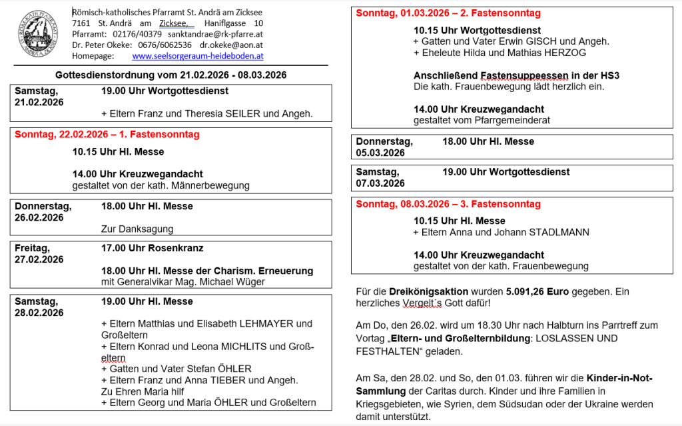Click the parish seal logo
38,34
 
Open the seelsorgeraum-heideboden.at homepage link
198,56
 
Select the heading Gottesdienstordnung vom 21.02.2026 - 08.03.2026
171,75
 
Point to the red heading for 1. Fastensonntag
107,135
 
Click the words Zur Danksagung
137,229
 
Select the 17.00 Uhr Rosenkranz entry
152,248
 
